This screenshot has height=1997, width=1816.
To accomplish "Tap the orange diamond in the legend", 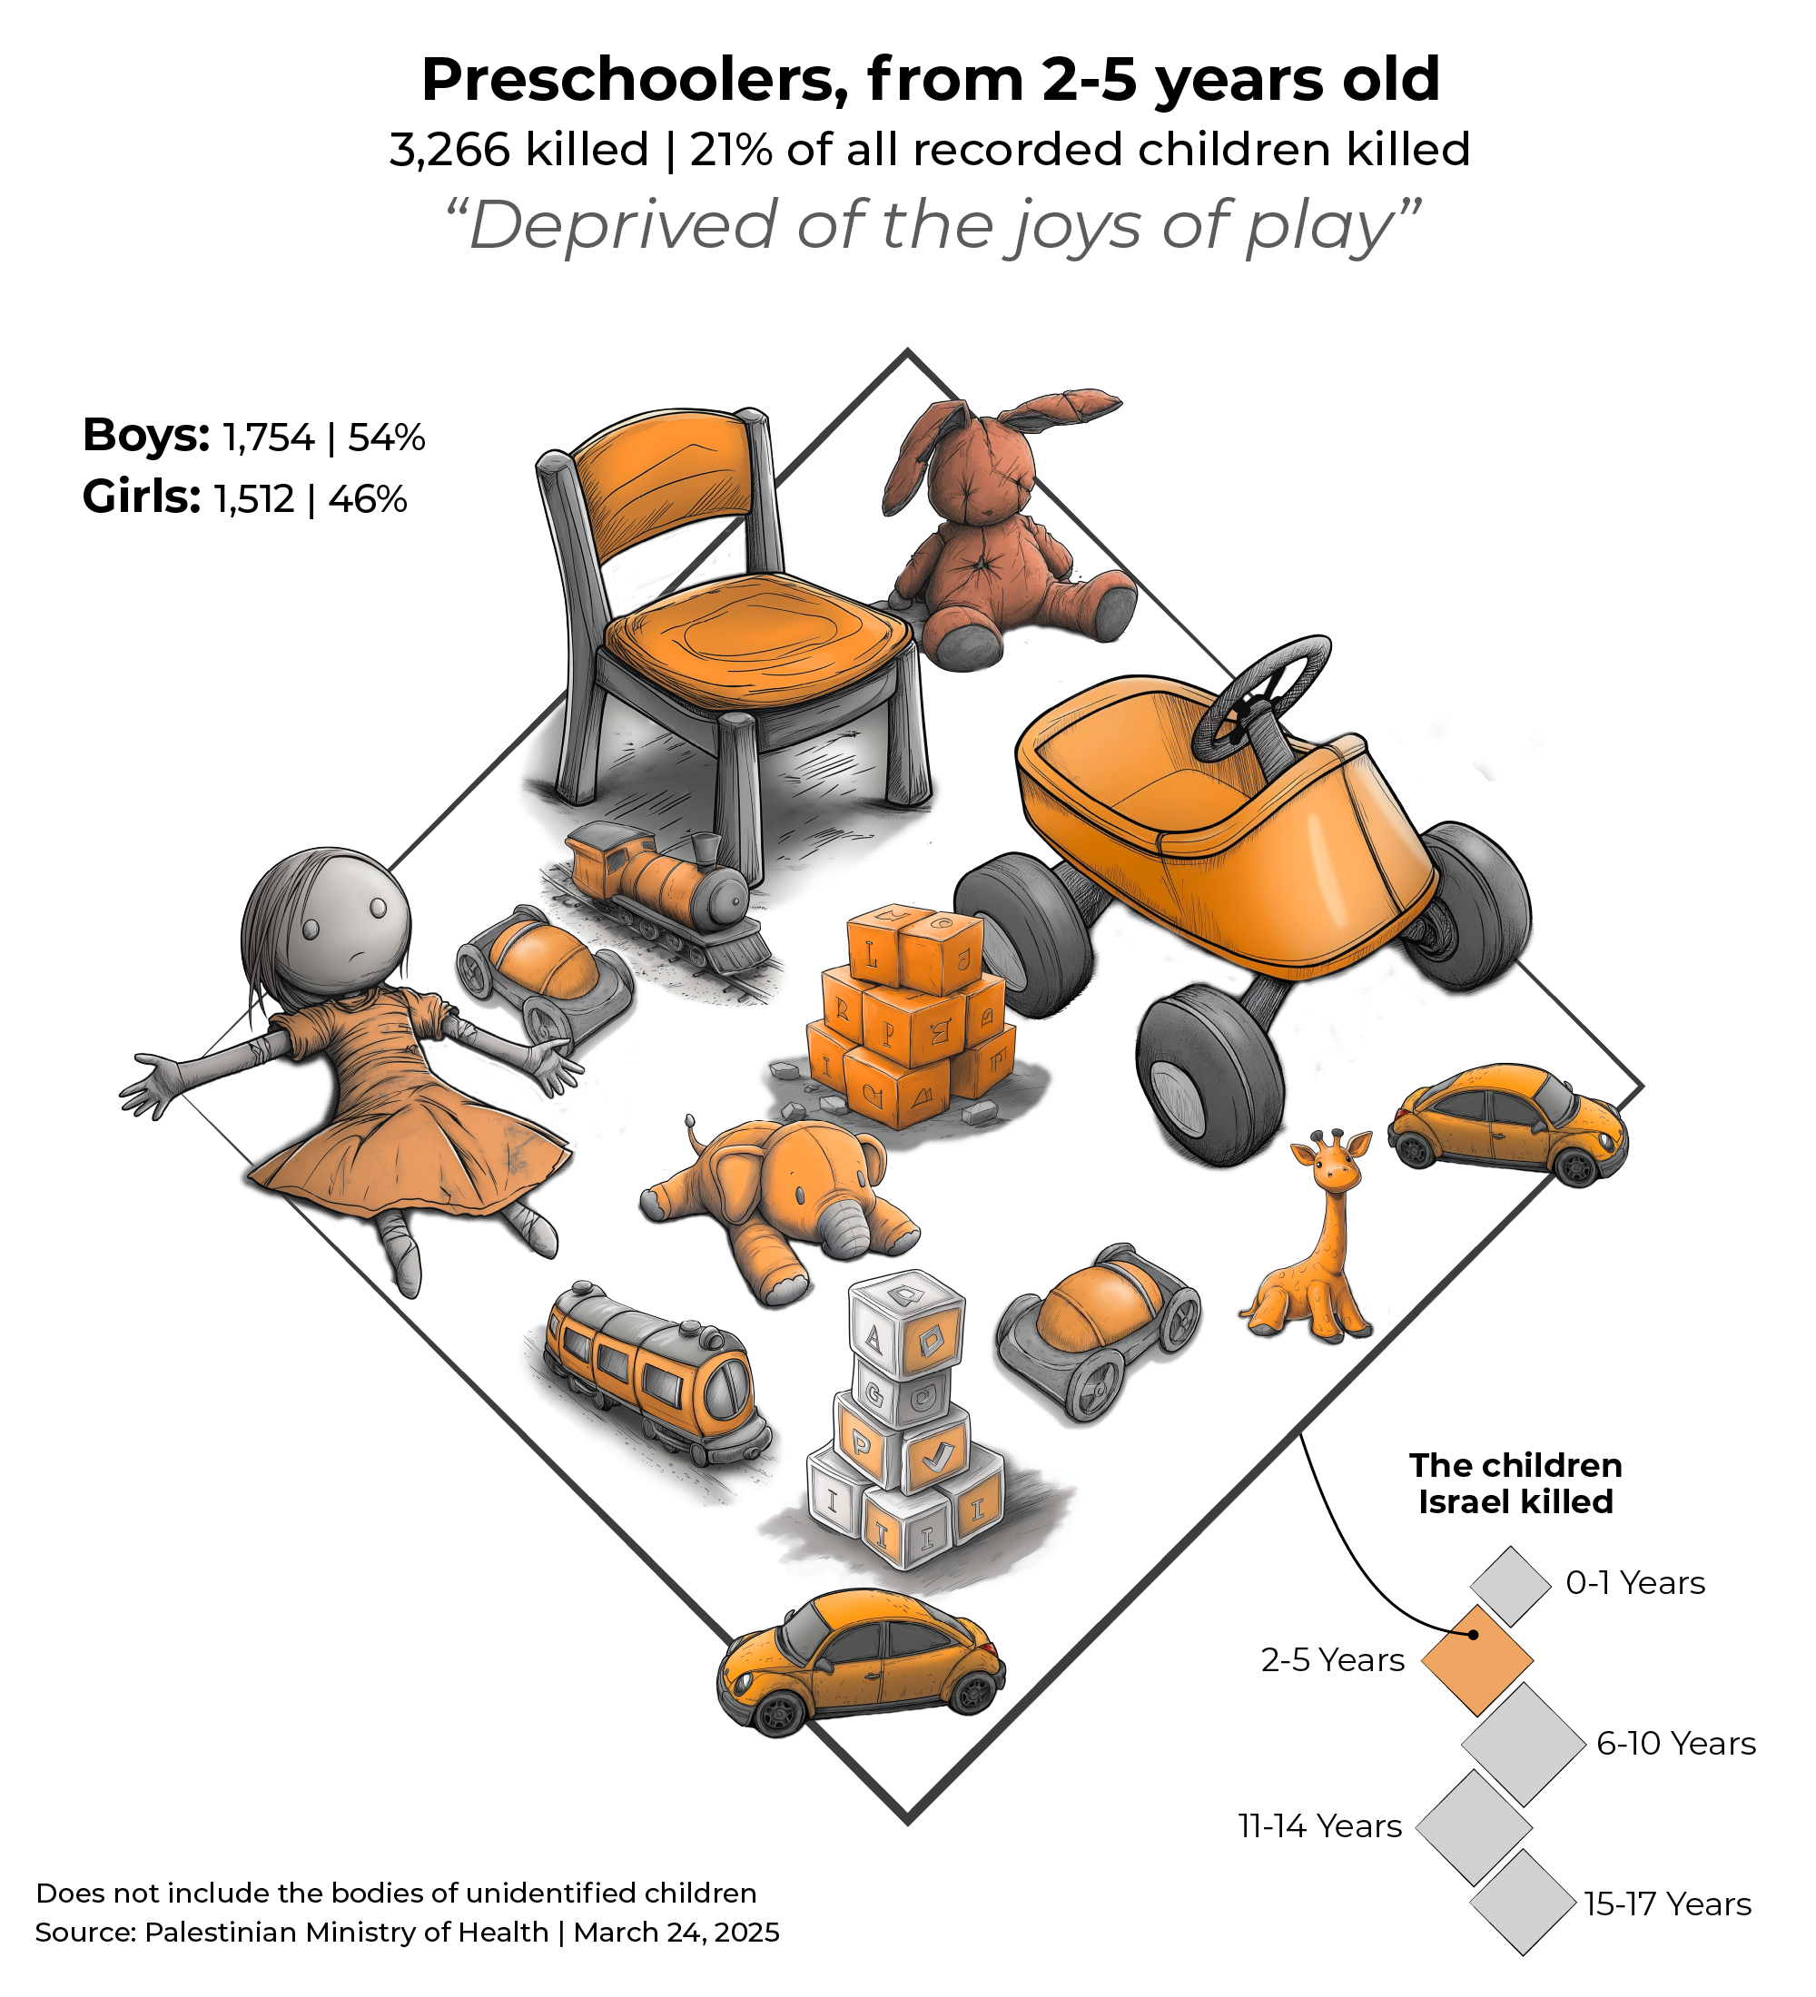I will (1477, 1659).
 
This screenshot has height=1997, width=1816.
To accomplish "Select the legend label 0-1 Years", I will (1634, 1583).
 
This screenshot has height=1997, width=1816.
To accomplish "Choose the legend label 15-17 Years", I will (1667, 1904).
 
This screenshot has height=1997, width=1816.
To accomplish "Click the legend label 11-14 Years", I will (1319, 1825).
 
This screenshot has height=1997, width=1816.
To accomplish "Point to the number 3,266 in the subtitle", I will (449, 151).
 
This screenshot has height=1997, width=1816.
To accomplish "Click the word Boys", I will (145, 436).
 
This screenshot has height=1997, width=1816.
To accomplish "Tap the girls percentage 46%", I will (368, 499).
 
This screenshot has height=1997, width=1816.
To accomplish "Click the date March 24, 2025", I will (676, 1933).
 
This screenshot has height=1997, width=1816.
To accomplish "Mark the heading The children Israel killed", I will (1515, 1483).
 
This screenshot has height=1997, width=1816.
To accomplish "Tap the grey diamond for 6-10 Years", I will (1524, 1744).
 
